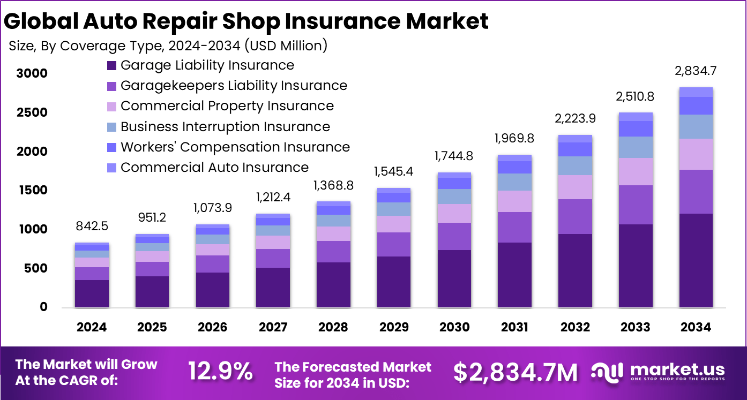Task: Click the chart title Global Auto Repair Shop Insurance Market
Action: [246, 21]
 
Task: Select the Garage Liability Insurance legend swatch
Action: [112, 66]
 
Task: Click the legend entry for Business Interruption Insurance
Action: [225, 127]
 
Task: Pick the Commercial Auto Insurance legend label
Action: [214, 168]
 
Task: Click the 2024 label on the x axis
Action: [92, 327]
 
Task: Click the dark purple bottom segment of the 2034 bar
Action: [696, 261]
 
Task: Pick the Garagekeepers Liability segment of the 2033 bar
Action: [636, 205]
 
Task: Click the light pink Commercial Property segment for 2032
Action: [575, 187]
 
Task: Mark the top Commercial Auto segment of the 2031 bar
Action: [514, 158]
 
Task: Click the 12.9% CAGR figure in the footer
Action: [220, 372]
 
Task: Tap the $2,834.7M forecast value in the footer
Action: [515, 372]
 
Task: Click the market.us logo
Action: [658, 371]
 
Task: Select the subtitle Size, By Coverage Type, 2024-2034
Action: [168, 46]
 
